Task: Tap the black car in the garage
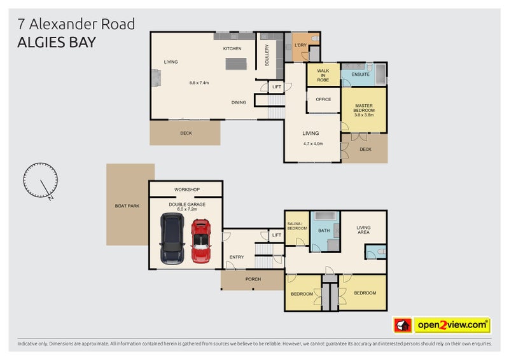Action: pos(172,238)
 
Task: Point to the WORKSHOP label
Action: pos(187,190)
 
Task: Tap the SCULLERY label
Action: pos(267,55)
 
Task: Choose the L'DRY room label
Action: pos(301,45)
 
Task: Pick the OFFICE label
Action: pos(323,99)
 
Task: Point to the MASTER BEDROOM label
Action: pos(363,108)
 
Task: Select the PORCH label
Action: pos(253,279)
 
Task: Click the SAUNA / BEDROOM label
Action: pos(296,225)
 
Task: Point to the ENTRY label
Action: pos(236,257)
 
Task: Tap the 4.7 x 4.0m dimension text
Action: pos(313,143)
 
